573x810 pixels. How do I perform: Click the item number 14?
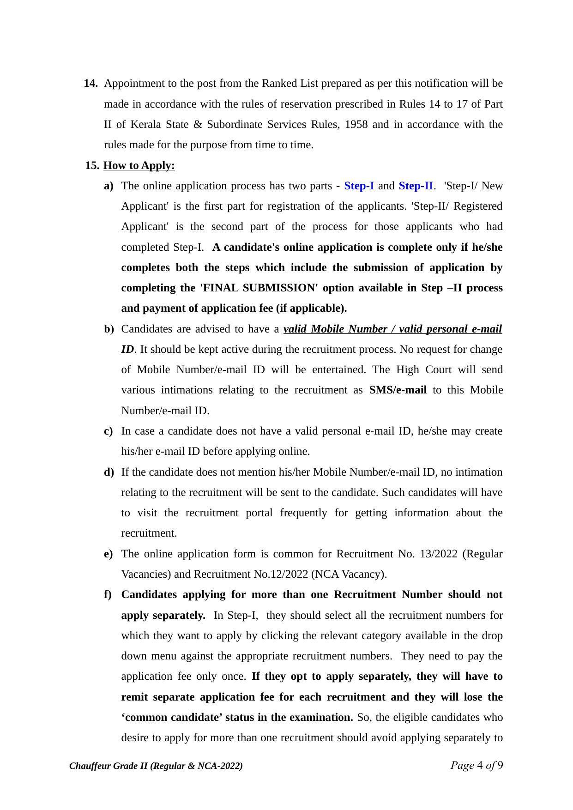90,84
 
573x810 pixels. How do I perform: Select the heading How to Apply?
139,165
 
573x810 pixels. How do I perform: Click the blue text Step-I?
359,186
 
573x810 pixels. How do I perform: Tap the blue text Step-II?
416,186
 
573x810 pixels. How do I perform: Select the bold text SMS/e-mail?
398,390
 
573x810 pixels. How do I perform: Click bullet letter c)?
109,431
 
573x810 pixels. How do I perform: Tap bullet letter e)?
109,554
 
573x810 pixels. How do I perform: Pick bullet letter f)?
108,594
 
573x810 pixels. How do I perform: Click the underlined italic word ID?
127,349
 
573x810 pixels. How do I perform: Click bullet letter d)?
109,472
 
